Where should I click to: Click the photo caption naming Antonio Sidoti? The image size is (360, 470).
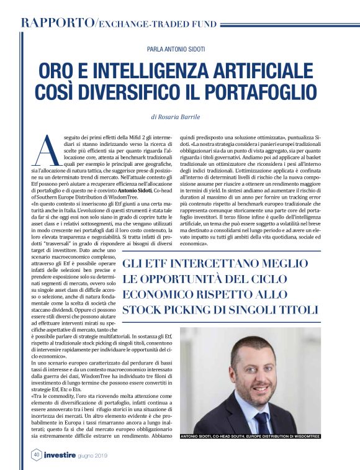tap(250, 437)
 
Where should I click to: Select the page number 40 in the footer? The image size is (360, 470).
tap(36, 454)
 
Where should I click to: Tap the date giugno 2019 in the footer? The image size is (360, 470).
tap(108, 455)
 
